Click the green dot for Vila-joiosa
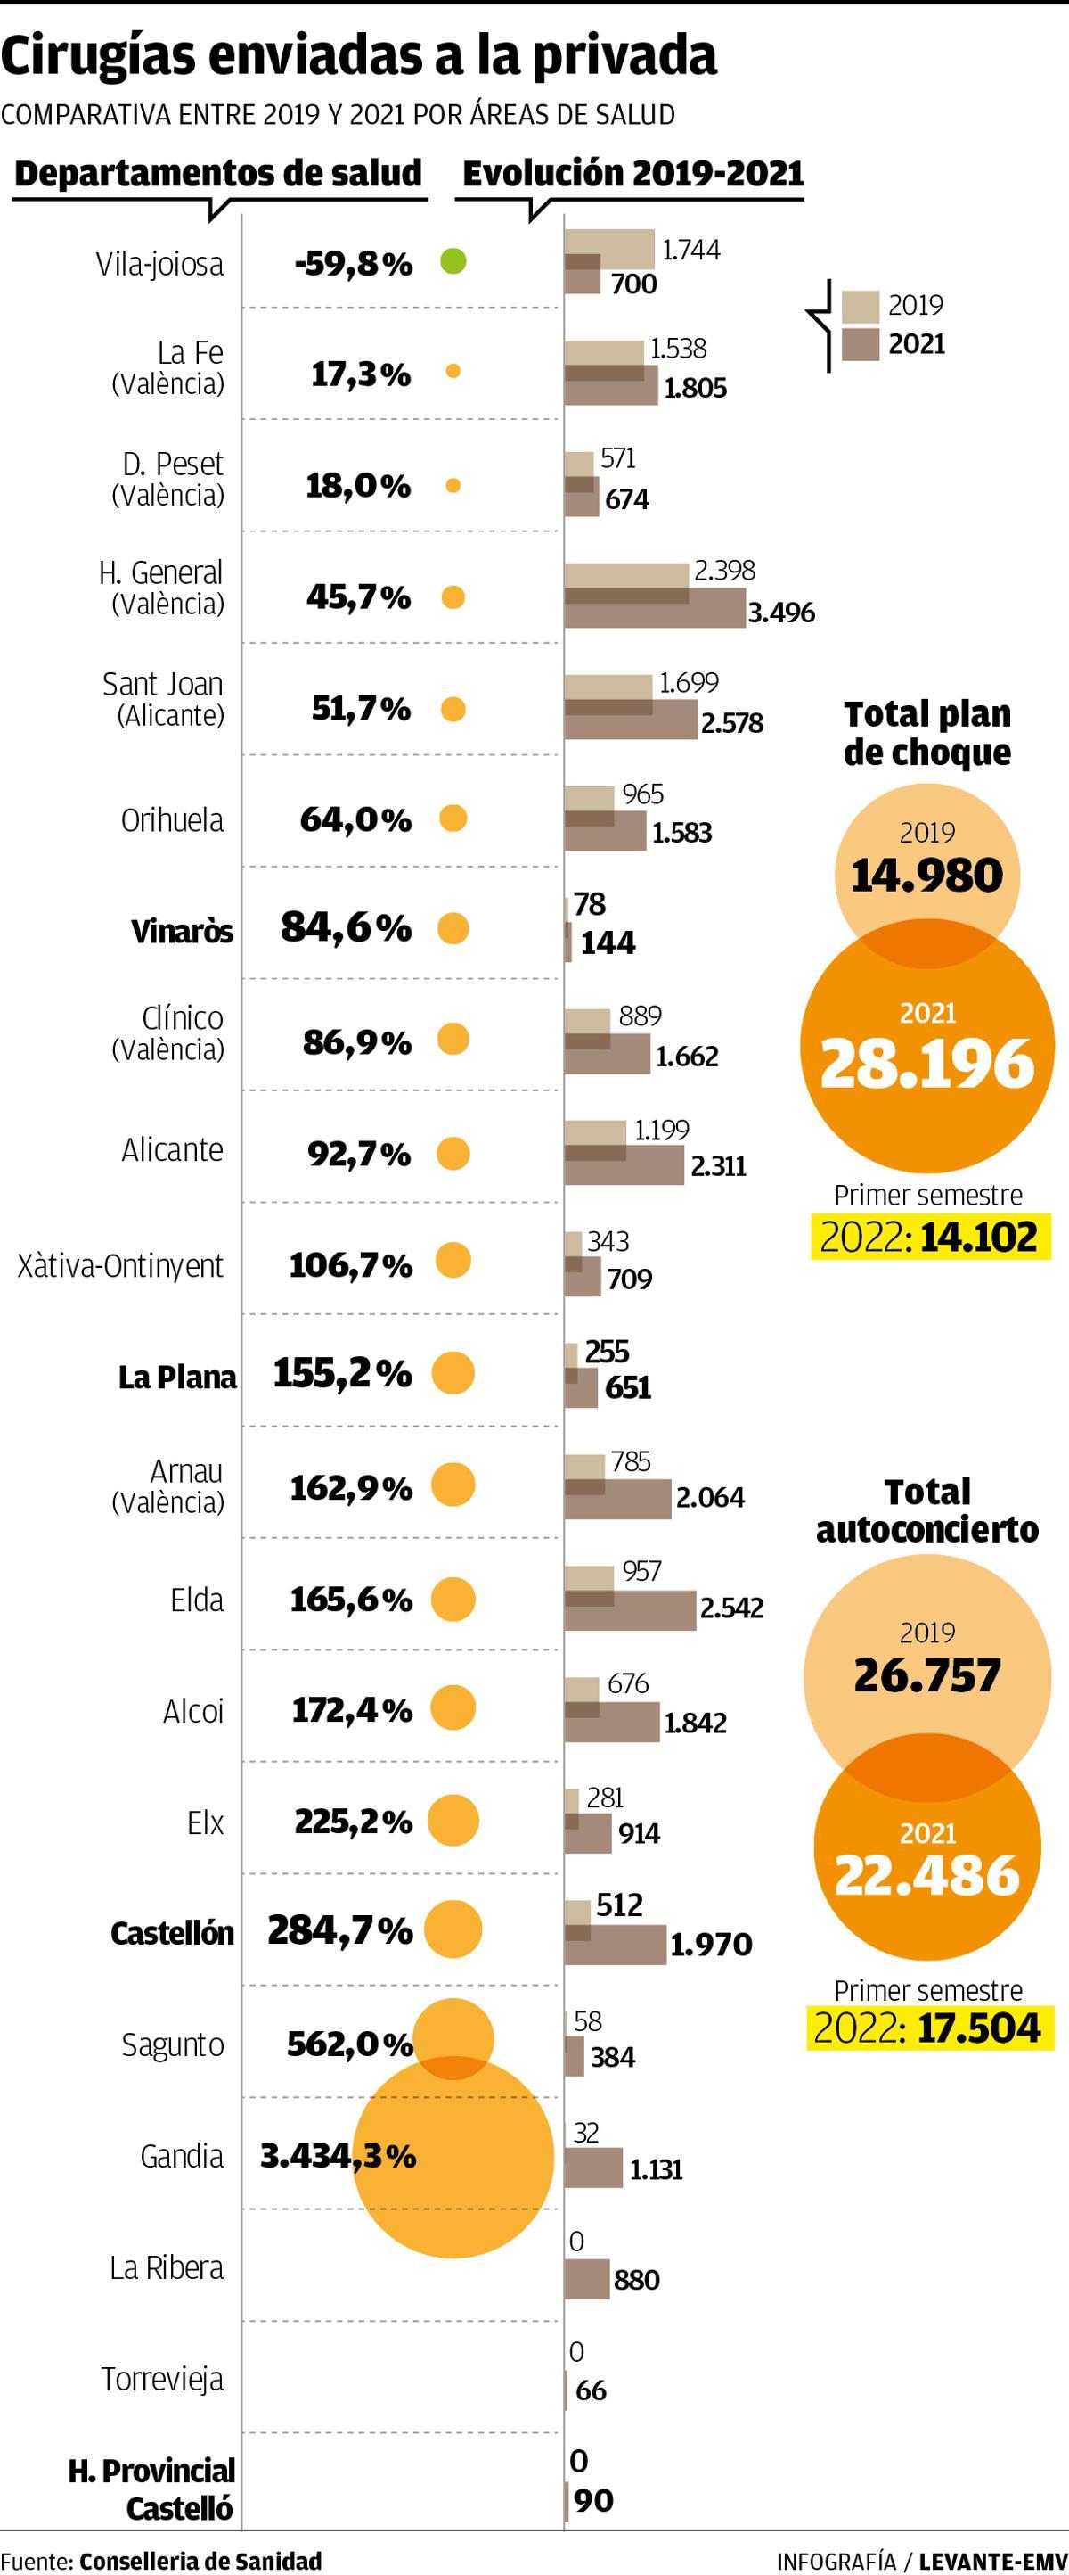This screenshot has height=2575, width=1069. (x=453, y=262)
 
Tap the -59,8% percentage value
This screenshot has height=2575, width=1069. (x=354, y=264)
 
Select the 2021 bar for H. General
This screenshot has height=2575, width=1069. (x=655, y=609)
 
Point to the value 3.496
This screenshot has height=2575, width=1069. (x=781, y=612)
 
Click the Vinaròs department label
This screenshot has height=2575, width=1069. (x=182, y=932)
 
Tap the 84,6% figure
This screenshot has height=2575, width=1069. (x=346, y=927)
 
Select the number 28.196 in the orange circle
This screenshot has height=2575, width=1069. (x=927, y=1063)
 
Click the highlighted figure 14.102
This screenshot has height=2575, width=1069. (x=979, y=1237)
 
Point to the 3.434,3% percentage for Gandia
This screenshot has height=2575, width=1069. (x=338, y=2156)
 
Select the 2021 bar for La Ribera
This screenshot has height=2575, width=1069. (x=587, y=2280)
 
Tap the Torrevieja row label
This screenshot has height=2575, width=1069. (x=162, y=2379)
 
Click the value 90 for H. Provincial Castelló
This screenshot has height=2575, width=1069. (x=593, y=2500)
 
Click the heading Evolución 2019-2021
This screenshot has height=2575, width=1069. (x=632, y=174)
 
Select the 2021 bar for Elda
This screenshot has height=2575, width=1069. (x=631, y=1609)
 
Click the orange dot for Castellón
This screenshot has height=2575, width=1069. (x=453, y=1929)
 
